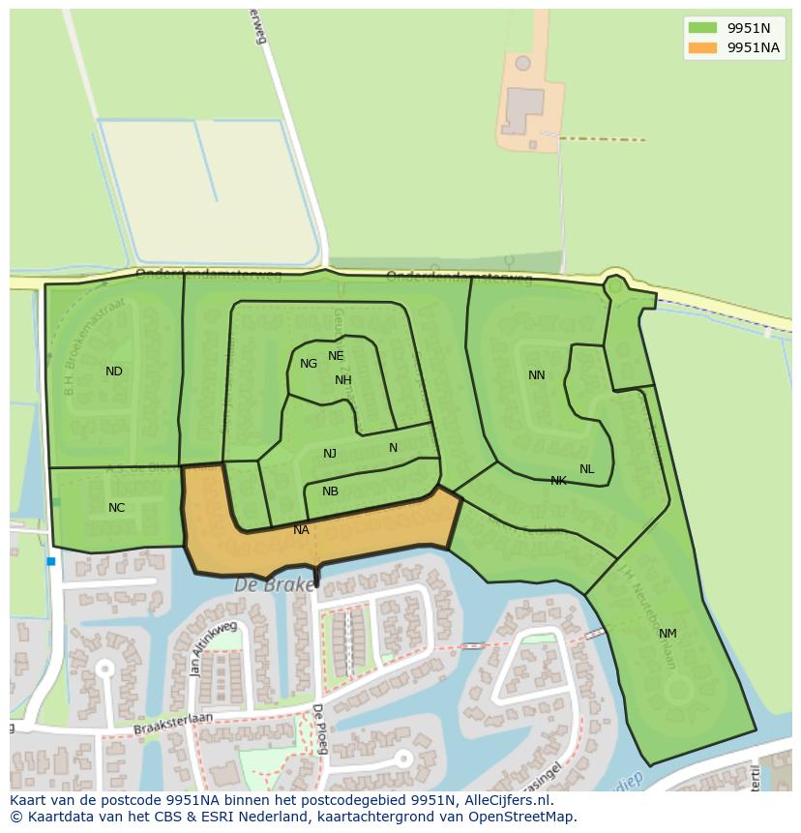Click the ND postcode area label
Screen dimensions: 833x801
click(114, 372)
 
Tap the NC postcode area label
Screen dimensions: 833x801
click(116, 508)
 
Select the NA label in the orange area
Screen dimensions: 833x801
click(301, 530)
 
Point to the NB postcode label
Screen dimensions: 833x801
click(330, 491)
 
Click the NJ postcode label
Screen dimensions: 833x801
click(330, 454)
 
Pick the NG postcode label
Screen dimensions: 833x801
click(309, 364)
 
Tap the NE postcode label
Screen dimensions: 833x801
click(336, 356)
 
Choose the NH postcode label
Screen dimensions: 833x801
click(343, 380)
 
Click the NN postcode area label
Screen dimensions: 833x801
click(537, 375)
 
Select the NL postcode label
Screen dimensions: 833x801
click(587, 469)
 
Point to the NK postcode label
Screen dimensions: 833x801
click(558, 481)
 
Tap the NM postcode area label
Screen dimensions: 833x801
click(667, 634)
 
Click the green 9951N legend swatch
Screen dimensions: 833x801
click(703, 28)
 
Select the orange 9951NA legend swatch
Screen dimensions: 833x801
click(703, 48)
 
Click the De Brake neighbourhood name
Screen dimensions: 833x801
click(275, 585)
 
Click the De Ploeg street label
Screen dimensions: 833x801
click(318, 729)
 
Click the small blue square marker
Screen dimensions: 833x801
click(50, 561)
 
